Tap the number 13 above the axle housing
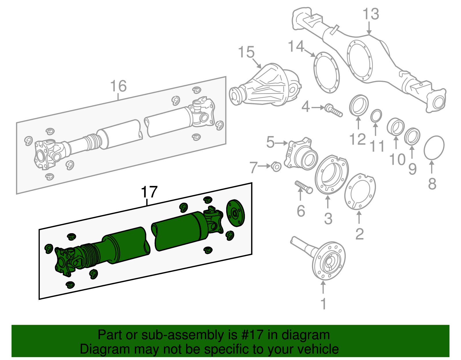tap(371, 14)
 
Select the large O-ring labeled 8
tap(434, 148)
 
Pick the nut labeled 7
tap(276, 167)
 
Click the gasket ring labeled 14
tap(326, 72)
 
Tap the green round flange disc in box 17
tap(235, 213)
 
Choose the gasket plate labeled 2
tap(360, 191)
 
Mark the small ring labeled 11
tap(376, 116)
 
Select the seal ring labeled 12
tap(359, 106)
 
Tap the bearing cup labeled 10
tap(395, 126)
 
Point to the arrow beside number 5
tap(282, 143)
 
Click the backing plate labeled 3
tap(331, 175)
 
